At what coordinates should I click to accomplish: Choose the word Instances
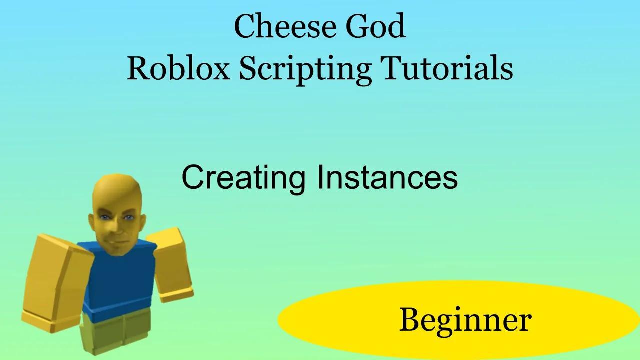(x=387, y=177)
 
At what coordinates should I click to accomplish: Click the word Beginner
(x=465, y=320)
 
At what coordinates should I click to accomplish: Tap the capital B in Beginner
(x=410, y=320)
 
